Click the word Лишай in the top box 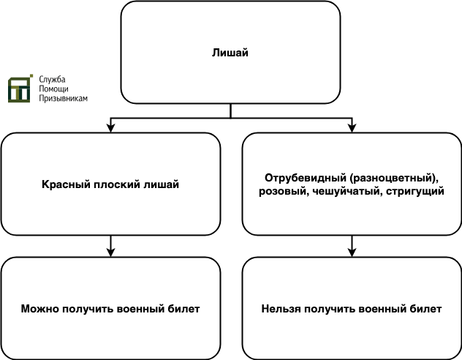coord(230,53)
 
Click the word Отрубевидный coord(306,178)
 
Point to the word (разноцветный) coord(395,178)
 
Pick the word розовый coord(284,192)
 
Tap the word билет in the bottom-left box coord(184,309)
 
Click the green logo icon coord(20,89)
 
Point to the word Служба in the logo coord(52,80)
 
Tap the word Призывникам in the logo coord(64,99)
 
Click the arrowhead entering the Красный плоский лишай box coord(110,128)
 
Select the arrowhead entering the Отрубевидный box coord(352,128)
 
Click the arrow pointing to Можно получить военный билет coord(110,246)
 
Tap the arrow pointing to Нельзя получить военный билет coord(352,246)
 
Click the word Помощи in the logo coord(53,89)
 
